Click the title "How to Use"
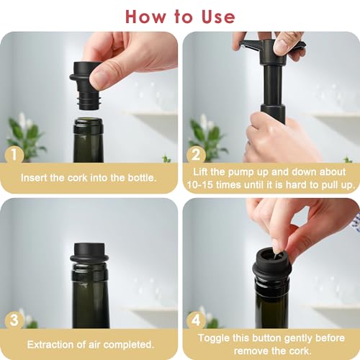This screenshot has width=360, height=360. tap(179, 16)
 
